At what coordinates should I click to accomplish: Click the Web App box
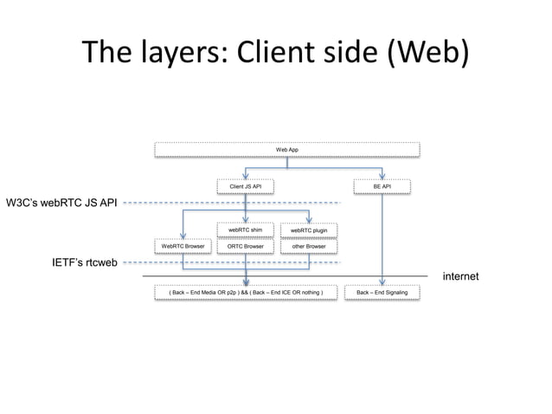[288, 150]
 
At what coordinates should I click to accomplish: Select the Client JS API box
[246, 186]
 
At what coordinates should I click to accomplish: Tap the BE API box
[382, 186]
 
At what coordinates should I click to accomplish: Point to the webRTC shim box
[246, 230]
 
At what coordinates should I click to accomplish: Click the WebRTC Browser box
[183, 247]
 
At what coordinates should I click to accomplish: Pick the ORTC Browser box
[246, 247]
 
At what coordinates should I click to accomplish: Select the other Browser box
[309, 247]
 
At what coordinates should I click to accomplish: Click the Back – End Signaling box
[382, 294]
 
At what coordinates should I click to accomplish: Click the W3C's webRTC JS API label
[61, 204]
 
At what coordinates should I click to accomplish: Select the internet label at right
[460, 276]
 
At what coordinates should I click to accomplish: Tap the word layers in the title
[176, 55]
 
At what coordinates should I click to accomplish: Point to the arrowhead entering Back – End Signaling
[382, 282]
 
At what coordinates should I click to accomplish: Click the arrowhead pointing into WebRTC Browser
[183, 236]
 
